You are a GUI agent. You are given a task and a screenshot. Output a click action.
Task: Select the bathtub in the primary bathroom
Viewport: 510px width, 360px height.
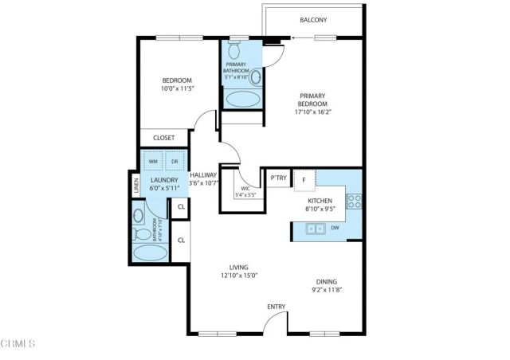tap(241, 98)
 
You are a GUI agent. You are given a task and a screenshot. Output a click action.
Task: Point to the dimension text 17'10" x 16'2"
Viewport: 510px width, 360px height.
tap(313, 112)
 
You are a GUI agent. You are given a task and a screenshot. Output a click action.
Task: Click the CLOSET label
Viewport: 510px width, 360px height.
tap(164, 138)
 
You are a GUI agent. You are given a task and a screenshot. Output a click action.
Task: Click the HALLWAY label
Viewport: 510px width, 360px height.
tap(205, 176)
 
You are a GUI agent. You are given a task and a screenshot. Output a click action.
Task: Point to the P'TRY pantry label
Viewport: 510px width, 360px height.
tap(278, 178)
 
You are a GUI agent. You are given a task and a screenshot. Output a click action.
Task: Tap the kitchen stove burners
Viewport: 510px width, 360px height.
tap(354, 200)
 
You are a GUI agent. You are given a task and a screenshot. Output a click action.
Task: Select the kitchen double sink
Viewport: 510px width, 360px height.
tap(315, 229)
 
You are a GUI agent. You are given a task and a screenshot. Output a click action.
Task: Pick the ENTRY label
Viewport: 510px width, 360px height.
tap(277, 305)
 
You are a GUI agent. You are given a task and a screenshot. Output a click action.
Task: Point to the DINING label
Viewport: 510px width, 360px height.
tap(328, 282)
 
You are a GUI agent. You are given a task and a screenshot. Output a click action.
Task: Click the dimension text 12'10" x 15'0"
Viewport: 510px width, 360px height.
tap(239, 276)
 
